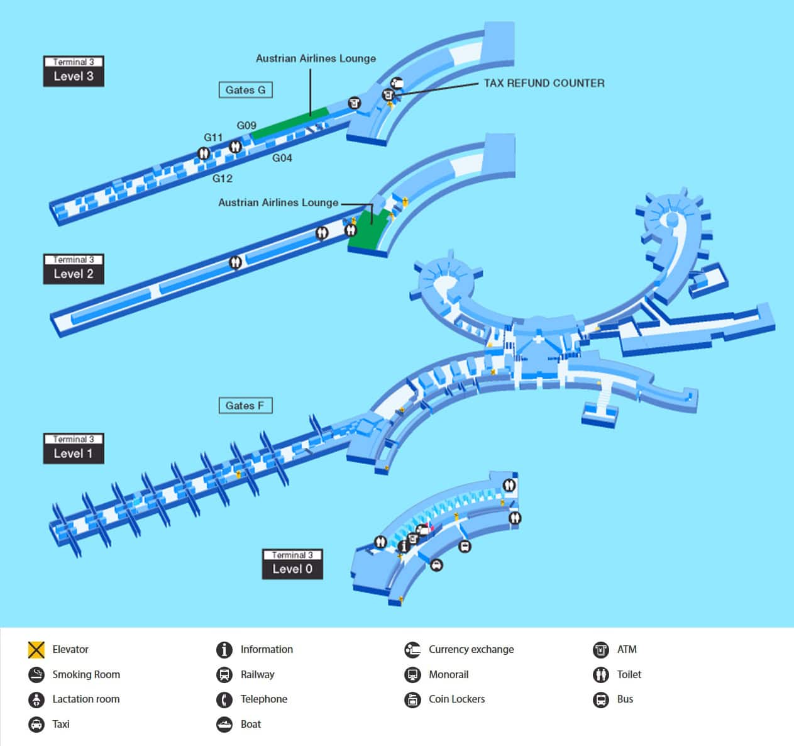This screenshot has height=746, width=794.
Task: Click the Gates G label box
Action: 245,90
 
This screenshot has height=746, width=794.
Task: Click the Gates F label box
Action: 245,406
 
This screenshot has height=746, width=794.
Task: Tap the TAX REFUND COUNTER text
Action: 544,83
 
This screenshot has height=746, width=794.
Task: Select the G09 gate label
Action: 246,125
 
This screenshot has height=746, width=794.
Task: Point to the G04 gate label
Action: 282,158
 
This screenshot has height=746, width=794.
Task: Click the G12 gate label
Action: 222,178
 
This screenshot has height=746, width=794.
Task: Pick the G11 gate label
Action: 213,137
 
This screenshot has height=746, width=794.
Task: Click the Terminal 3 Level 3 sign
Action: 74,71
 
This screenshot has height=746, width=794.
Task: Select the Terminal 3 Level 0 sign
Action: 292,564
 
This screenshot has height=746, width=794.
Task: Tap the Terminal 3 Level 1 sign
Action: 74,448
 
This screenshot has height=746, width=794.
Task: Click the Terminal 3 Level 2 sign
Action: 74,269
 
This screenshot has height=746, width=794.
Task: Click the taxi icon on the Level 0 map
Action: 436,565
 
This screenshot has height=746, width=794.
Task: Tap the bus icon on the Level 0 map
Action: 465,546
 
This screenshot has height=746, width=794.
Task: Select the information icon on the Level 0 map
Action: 404,545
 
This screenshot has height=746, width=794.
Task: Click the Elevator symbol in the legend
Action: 36,649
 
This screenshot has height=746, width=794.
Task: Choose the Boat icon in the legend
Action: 224,724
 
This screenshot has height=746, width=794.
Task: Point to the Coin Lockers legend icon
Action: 412,699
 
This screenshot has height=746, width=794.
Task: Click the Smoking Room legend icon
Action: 36,674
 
